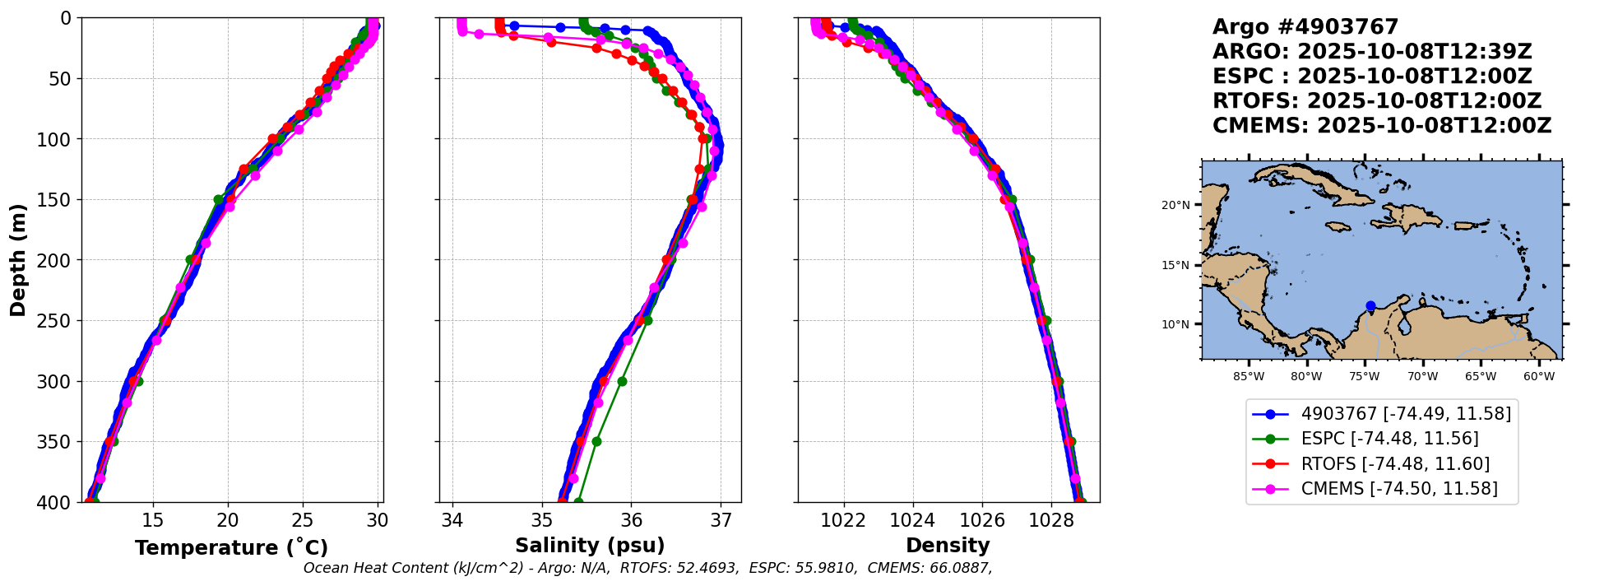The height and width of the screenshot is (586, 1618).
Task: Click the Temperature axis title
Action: (231, 548)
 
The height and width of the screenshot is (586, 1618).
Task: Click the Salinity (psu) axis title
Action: (590, 546)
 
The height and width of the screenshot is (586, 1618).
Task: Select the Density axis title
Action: (948, 546)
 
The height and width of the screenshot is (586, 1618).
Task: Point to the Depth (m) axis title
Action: (18, 260)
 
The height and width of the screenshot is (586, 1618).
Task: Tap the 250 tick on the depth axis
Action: (60, 321)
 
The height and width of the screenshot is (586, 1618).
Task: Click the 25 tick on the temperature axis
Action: (303, 521)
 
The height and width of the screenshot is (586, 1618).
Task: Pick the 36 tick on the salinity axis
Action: (631, 521)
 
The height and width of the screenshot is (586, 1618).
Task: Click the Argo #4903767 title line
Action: (1305, 27)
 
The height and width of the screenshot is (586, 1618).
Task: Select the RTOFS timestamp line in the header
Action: (1377, 101)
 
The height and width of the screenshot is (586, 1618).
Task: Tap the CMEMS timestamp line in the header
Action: (1382, 126)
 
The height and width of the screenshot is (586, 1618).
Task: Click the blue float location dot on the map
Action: (1370, 305)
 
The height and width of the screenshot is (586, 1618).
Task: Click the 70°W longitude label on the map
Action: (1422, 377)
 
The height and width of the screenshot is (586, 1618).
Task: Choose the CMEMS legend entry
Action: (1398, 489)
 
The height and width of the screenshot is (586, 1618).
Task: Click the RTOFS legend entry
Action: (1395, 464)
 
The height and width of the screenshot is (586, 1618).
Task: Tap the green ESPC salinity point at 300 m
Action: (622, 381)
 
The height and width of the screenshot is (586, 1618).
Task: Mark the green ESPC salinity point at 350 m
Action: (596, 442)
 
